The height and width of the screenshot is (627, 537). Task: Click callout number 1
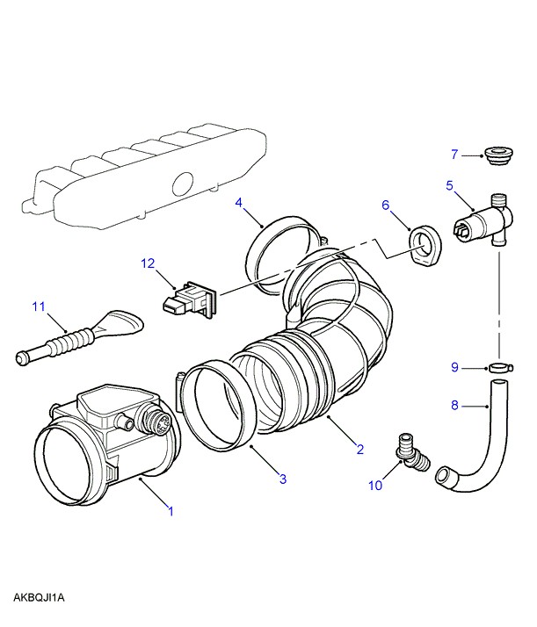tap(171, 509)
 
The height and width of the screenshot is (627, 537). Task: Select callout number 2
tap(359, 450)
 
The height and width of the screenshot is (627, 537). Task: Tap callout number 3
tap(283, 479)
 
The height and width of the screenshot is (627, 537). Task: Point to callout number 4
tap(239, 203)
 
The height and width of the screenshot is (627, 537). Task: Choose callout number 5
tap(449, 185)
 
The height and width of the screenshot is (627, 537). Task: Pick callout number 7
tap(455, 155)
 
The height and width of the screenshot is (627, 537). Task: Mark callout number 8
tap(454, 405)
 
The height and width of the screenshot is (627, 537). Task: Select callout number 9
tap(454, 368)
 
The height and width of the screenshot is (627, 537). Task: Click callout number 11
tap(38, 306)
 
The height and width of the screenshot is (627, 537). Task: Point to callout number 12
tap(149, 263)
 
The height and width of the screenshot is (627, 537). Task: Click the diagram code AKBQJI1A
tap(40, 598)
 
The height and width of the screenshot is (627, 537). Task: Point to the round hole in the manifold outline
tap(183, 184)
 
